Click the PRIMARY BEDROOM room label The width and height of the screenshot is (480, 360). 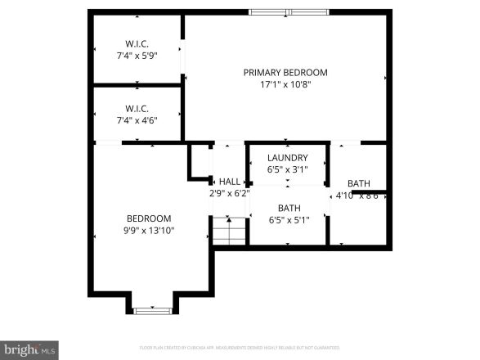point(285,72)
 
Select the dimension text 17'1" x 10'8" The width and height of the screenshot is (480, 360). point(285,84)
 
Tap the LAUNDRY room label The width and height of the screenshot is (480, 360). point(288,158)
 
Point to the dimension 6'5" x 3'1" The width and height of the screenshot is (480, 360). point(288,170)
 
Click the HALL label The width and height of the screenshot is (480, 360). point(230,182)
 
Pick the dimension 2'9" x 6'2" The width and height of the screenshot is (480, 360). point(228,194)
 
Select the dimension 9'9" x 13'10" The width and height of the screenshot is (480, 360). point(148,231)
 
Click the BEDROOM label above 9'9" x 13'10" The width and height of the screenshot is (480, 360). point(148,218)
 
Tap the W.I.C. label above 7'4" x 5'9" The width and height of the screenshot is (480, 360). point(137,43)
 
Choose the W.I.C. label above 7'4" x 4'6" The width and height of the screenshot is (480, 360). point(137,108)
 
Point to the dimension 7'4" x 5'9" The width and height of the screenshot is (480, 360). point(137,55)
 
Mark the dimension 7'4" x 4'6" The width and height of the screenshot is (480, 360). point(137,120)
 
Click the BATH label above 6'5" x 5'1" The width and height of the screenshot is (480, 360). point(289,208)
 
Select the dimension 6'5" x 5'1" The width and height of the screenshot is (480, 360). point(288,220)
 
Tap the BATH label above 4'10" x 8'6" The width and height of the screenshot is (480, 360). point(359,183)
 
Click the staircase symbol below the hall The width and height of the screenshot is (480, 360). point(230,231)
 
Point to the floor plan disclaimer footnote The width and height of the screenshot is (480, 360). point(240,348)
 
